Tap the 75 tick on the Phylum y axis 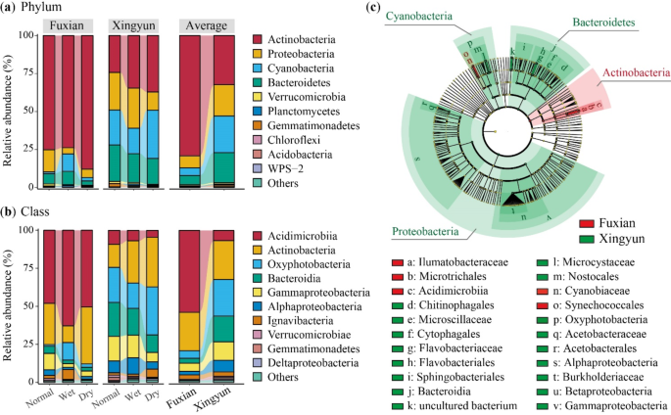point(26,73)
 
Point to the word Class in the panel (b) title point(40,213)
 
